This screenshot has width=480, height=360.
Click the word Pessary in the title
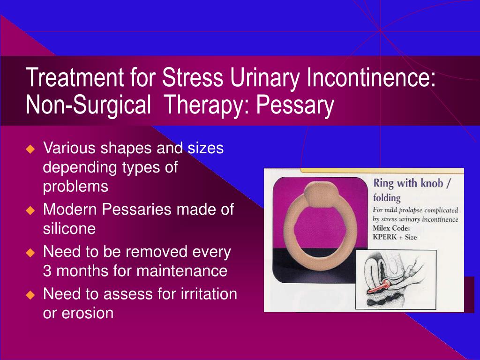click(x=295, y=105)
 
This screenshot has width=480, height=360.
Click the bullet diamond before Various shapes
click(x=30, y=149)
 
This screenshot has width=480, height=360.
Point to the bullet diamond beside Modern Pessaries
click(x=30, y=210)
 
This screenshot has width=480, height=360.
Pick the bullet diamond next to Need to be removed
click(x=30, y=253)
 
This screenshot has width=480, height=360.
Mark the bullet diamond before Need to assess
click(x=30, y=295)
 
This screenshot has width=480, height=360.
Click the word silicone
click(x=69, y=228)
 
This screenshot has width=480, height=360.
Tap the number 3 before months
click(x=47, y=271)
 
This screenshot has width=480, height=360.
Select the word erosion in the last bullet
click(x=88, y=313)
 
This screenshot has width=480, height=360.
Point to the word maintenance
click(x=182, y=271)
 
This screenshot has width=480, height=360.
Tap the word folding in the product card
click(x=387, y=198)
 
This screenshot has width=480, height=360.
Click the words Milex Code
click(x=391, y=228)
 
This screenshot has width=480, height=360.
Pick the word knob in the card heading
click(x=432, y=183)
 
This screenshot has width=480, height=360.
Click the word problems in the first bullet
click(x=75, y=187)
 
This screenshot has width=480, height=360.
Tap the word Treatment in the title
click(x=75, y=77)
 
